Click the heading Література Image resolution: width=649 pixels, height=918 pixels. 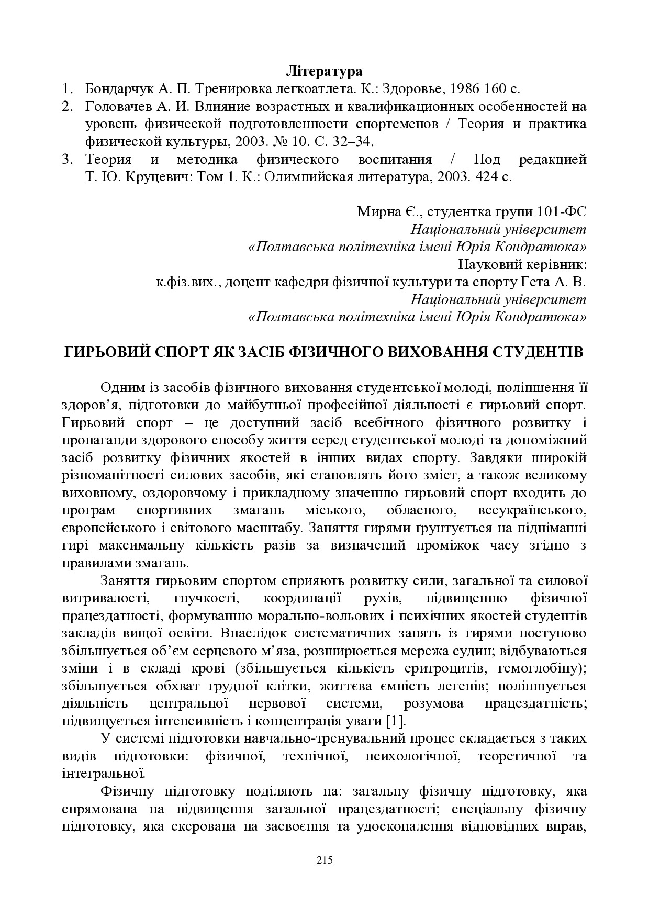(x=324, y=71)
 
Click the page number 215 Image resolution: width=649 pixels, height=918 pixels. (x=324, y=860)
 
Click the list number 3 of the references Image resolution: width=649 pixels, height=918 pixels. (x=66, y=160)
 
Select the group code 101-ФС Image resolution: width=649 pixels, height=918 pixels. (x=562, y=212)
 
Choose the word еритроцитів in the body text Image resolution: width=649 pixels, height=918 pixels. (x=434, y=668)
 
